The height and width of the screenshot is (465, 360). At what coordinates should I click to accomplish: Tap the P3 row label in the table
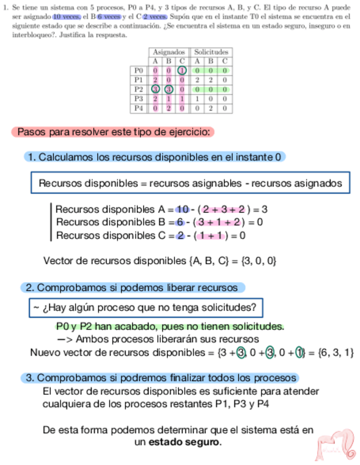139,99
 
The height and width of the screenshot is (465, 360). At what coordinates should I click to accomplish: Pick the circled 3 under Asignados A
155,89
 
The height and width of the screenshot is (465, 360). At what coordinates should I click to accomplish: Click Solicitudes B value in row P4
211,108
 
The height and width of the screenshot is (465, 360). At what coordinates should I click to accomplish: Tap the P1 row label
139,80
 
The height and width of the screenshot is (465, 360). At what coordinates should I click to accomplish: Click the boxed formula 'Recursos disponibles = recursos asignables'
190,183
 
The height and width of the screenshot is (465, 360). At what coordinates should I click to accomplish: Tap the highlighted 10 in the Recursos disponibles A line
182,209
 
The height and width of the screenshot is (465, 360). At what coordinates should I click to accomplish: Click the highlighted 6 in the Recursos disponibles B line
179,222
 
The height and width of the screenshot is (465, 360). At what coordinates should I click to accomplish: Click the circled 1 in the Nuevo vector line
299,352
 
